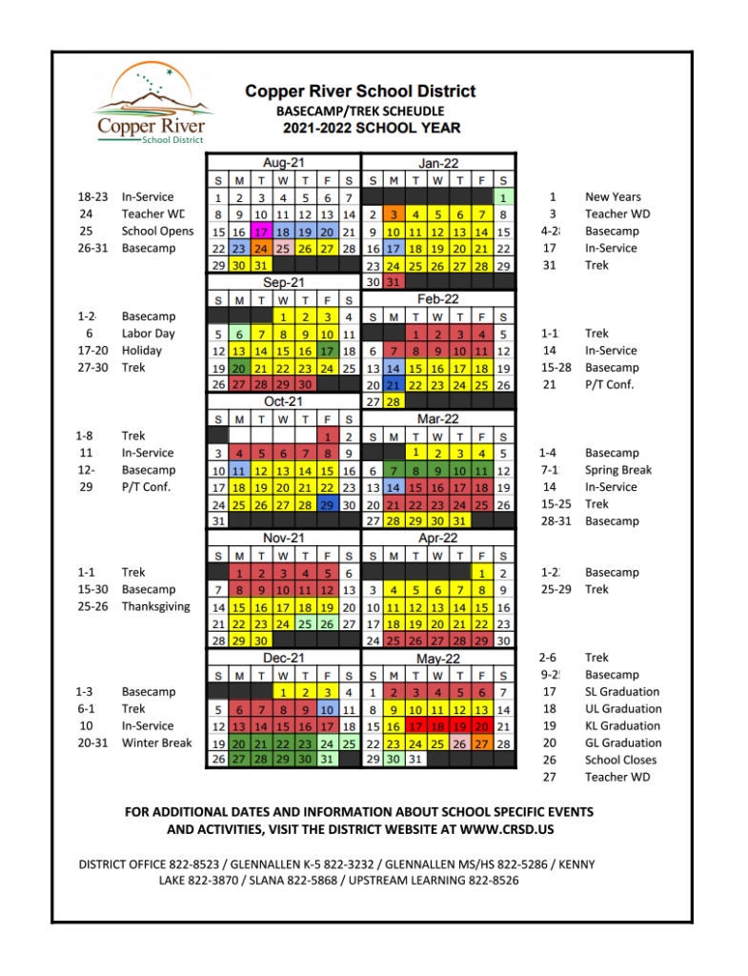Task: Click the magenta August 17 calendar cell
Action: pyautogui.click(x=260, y=232)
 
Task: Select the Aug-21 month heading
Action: pyautogui.click(x=283, y=163)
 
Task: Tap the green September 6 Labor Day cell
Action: pyautogui.click(x=238, y=335)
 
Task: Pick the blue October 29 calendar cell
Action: pyautogui.click(x=327, y=504)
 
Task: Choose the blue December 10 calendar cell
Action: pyautogui.click(x=327, y=709)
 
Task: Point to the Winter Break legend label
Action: pyautogui.click(x=156, y=742)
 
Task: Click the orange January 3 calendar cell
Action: pyautogui.click(x=394, y=214)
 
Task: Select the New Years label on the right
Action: pyautogui.click(x=613, y=197)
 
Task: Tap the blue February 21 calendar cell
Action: pyautogui.click(x=394, y=385)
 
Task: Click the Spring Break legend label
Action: pyautogui.click(x=618, y=470)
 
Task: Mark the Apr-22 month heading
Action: pyautogui.click(x=438, y=539)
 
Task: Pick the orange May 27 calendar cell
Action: pyautogui.click(x=482, y=743)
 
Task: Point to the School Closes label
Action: pyautogui.click(x=620, y=760)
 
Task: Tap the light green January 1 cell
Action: pyautogui.click(x=504, y=197)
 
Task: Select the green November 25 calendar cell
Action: pyautogui.click(x=305, y=623)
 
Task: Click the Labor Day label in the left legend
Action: pyautogui.click(x=148, y=334)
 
